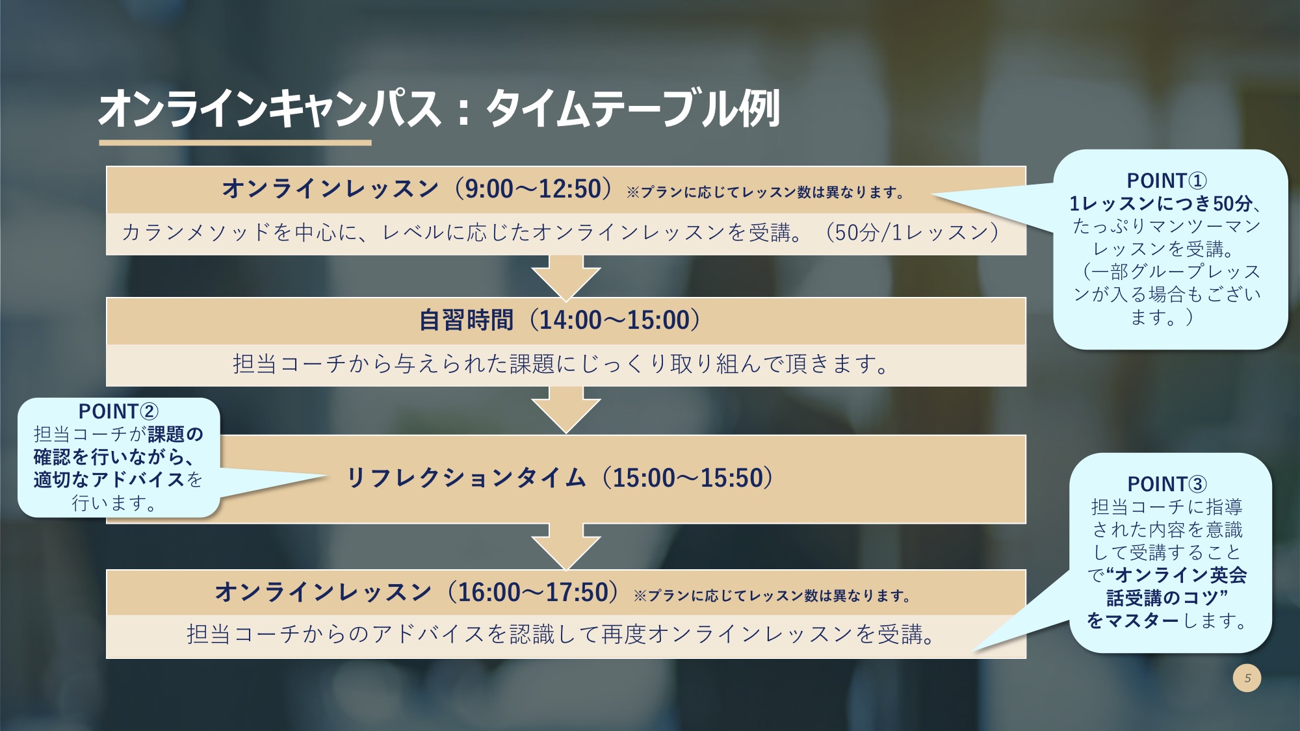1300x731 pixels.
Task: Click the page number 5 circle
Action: pyautogui.click(x=1247, y=678)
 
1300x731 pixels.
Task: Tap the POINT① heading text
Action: pyautogui.click(x=1167, y=181)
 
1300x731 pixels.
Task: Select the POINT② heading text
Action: pyautogui.click(x=118, y=411)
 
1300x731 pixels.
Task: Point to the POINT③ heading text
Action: pyautogui.click(x=1167, y=484)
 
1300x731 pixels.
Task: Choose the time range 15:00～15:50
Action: pyautogui.click(x=688, y=478)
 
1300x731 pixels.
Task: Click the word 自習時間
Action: pyautogui.click(x=467, y=320)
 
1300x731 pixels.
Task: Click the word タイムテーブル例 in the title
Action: pyautogui.click(x=633, y=109)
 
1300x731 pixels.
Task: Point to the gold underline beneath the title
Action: pyautogui.click(x=235, y=142)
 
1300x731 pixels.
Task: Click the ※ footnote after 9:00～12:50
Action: pyautogui.click(x=765, y=192)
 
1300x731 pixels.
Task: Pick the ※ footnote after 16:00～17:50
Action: pyautogui.click(x=772, y=596)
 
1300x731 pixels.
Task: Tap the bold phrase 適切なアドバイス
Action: pyautogui.click(x=109, y=480)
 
